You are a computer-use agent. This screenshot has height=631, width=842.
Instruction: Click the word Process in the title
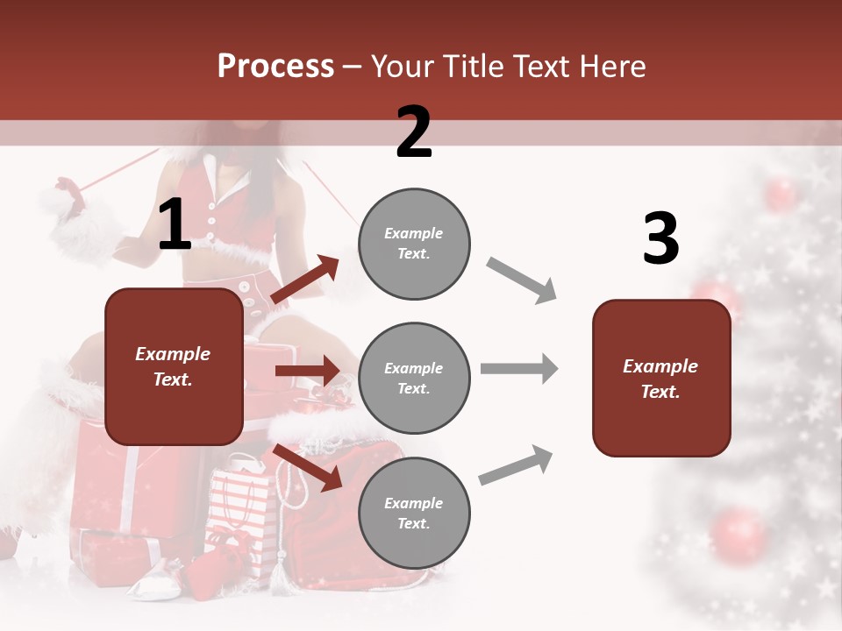click(275, 67)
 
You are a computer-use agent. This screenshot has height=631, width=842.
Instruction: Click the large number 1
click(175, 225)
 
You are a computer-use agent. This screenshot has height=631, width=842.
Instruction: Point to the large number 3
click(660, 239)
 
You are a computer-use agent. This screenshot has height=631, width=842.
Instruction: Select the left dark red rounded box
click(174, 366)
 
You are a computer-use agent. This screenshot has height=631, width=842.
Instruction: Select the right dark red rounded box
click(661, 378)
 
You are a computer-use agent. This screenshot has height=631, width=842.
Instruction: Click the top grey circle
click(414, 244)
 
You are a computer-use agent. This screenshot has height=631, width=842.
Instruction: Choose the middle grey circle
click(414, 378)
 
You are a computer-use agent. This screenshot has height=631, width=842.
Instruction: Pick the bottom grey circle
click(414, 513)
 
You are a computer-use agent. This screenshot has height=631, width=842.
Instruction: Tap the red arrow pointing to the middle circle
click(306, 371)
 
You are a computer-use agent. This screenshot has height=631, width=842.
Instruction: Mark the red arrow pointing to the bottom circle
click(307, 467)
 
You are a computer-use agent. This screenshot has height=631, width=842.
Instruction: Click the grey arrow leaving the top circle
click(522, 280)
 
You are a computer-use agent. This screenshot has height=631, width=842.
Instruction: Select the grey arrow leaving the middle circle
click(518, 369)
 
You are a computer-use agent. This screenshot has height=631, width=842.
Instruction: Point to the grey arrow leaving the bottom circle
click(517, 464)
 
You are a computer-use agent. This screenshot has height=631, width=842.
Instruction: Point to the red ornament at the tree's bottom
click(739, 535)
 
